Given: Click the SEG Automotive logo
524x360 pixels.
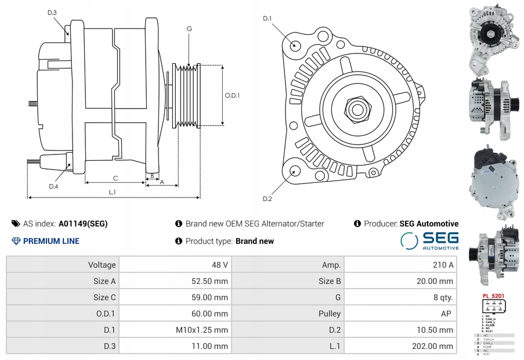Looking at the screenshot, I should click(429, 240).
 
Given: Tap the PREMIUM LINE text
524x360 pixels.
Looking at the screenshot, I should click(51, 241).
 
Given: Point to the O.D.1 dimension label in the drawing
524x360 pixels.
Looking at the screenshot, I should click(232, 95).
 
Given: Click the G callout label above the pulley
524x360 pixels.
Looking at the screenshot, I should click(189, 29).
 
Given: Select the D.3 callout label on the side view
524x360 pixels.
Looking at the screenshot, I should click(52, 12).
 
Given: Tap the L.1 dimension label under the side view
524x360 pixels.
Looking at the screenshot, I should click(113, 192).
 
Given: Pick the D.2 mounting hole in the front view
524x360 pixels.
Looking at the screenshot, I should click(295, 170).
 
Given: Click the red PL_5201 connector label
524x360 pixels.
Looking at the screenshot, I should click(493, 296).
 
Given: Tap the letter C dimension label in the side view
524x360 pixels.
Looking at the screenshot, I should click(115, 178).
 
